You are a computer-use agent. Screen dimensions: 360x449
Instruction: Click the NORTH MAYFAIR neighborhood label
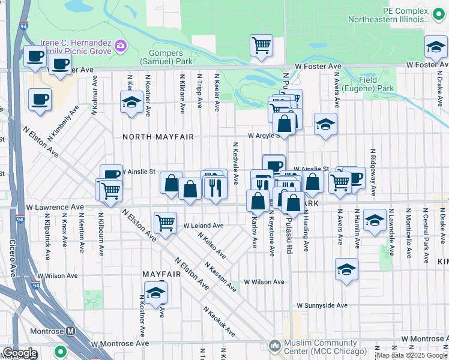coord(158,137)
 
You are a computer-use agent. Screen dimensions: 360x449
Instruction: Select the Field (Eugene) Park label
coord(376,84)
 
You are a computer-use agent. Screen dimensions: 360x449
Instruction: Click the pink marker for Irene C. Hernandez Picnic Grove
coord(121,45)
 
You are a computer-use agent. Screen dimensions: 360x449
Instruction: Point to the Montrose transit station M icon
coord(70,331)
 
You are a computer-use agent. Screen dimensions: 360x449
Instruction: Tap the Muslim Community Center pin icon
coord(275,346)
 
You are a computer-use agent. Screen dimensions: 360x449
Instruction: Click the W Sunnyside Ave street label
coord(325,305)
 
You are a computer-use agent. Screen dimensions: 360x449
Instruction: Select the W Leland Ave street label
coord(203,226)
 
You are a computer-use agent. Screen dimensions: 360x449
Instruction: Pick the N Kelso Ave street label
coord(214,245)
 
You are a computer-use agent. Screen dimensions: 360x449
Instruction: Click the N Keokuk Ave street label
coord(218,322)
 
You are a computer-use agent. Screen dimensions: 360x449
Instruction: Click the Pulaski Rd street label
coord(289,239)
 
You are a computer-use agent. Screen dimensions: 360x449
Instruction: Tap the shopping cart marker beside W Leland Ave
coord(165,223)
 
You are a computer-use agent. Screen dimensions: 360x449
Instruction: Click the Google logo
coord(20,353)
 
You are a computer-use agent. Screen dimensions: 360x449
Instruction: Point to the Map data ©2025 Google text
coord(412,355)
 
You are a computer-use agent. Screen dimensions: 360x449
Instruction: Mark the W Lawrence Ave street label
coord(55,207)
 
